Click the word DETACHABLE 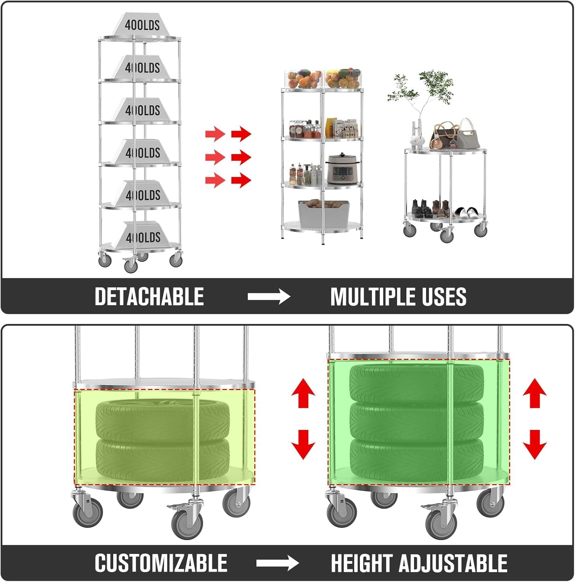pyautogui.click(x=149, y=297)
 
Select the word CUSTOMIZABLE pyautogui.click(x=161, y=563)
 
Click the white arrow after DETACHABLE pyautogui.click(x=269, y=297)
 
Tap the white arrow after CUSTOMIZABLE pyautogui.click(x=278, y=563)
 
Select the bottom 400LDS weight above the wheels pyautogui.click(x=142, y=236)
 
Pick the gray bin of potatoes pyautogui.click(x=323, y=214)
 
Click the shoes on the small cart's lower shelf pyautogui.click(x=444, y=210)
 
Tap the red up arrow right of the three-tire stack pyautogui.click(x=535, y=393)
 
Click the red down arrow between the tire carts pyautogui.click(x=303, y=445)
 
